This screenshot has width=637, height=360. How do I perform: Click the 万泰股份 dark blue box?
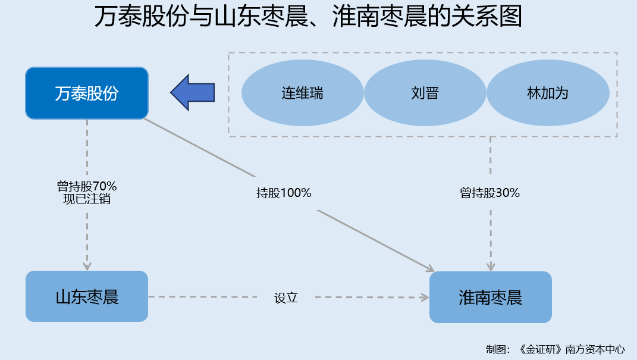click(x=86, y=93)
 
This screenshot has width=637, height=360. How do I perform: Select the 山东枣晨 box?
click(x=87, y=296)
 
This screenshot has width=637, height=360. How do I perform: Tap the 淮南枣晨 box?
click(x=490, y=297)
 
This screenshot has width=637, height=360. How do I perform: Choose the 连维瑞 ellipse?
click(x=302, y=93)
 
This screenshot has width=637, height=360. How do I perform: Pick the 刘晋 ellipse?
click(x=425, y=93)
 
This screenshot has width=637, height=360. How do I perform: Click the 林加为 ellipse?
click(x=548, y=93)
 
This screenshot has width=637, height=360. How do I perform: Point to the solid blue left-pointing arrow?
click(x=192, y=92)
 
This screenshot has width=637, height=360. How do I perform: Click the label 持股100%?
click(x=284, y=193)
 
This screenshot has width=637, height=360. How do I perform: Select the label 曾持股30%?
click(x=490, y=193)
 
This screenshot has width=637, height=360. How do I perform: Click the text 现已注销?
click(x=87, y=199)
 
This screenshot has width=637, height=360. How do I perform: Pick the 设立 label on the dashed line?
click(x=285, y=298)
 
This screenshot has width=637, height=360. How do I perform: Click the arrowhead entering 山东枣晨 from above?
click(x=87, y=265)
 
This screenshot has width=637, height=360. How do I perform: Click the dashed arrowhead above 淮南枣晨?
click(x=491, y=266)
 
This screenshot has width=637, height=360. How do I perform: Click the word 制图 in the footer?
click(x=495, y=349)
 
